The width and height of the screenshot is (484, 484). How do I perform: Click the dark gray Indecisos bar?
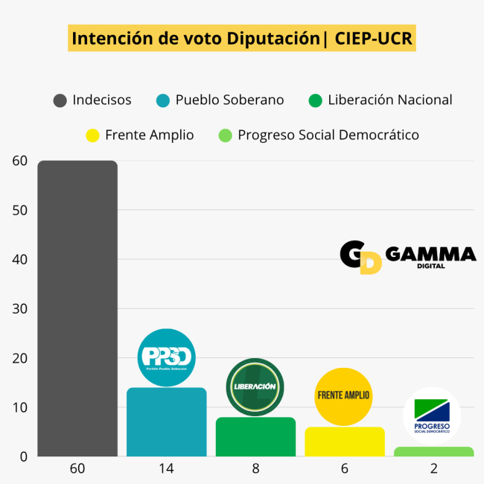coord(77,308)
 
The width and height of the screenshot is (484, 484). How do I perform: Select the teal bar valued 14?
coord(166,422)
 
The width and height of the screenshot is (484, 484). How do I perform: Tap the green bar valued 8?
coord(255,437)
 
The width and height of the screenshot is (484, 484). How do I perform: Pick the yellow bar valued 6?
coord(344,442)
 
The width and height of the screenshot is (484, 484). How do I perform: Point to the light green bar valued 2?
coord(433,452)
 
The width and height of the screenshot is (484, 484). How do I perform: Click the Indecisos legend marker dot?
coord(60,100)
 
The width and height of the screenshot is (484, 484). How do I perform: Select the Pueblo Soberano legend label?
coord(229,100)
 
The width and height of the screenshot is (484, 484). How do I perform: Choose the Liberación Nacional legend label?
coord(389,100)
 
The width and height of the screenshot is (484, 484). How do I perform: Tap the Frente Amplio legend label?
coord(149,135)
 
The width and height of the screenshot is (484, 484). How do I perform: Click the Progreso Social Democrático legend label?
coord(328,135)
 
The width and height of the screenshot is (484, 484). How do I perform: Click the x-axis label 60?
coord(77,469)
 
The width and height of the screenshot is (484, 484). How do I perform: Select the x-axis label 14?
coord(166,469)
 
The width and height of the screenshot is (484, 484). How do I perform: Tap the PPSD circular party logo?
coord(166,357)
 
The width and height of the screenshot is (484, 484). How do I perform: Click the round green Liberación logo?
coord(255,386)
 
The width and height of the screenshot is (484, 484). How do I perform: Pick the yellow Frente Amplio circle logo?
coord(343,395)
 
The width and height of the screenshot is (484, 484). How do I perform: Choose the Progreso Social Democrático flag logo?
coord(432,415)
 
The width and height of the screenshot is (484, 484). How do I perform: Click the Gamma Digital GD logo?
coord(361,257)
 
